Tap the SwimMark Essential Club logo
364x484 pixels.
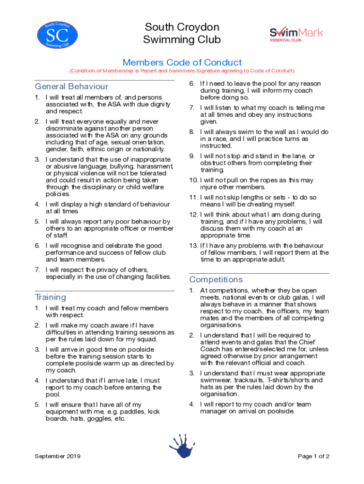coord(296,34)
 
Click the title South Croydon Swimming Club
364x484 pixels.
coord(182,33)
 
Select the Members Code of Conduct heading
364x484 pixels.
coord(182,62)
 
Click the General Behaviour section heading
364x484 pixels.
coord(71,86)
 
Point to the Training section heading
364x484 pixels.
coord(51,297)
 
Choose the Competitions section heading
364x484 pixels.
coord(216,279)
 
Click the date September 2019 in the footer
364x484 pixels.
coord(58,456)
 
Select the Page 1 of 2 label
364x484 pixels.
coord(313,456)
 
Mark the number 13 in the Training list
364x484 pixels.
coord(193,245)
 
